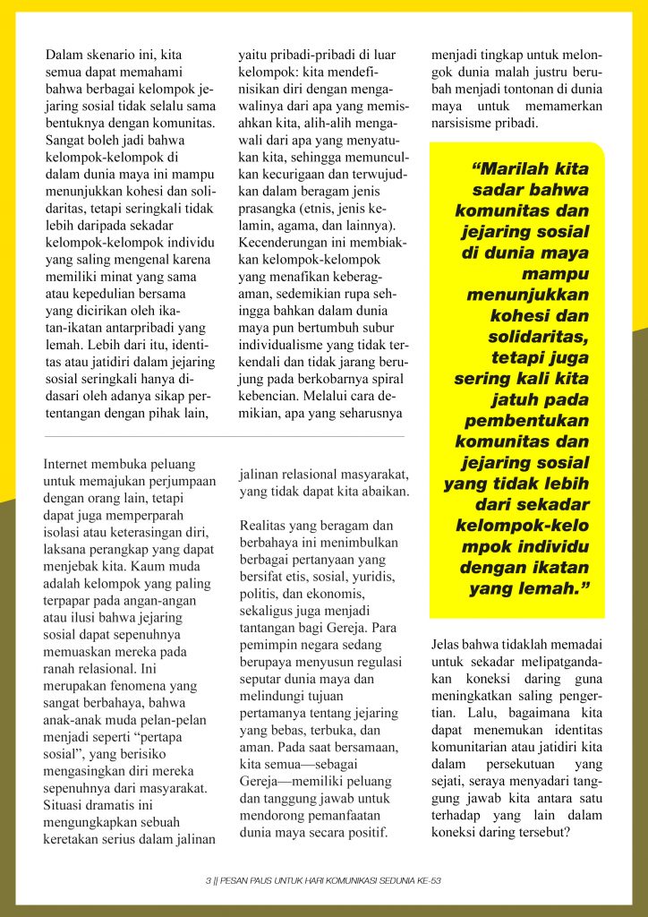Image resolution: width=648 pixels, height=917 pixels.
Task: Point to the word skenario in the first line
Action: click(x=118, y=56)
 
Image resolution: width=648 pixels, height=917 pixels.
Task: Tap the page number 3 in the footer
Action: click(x=208, y=881)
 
